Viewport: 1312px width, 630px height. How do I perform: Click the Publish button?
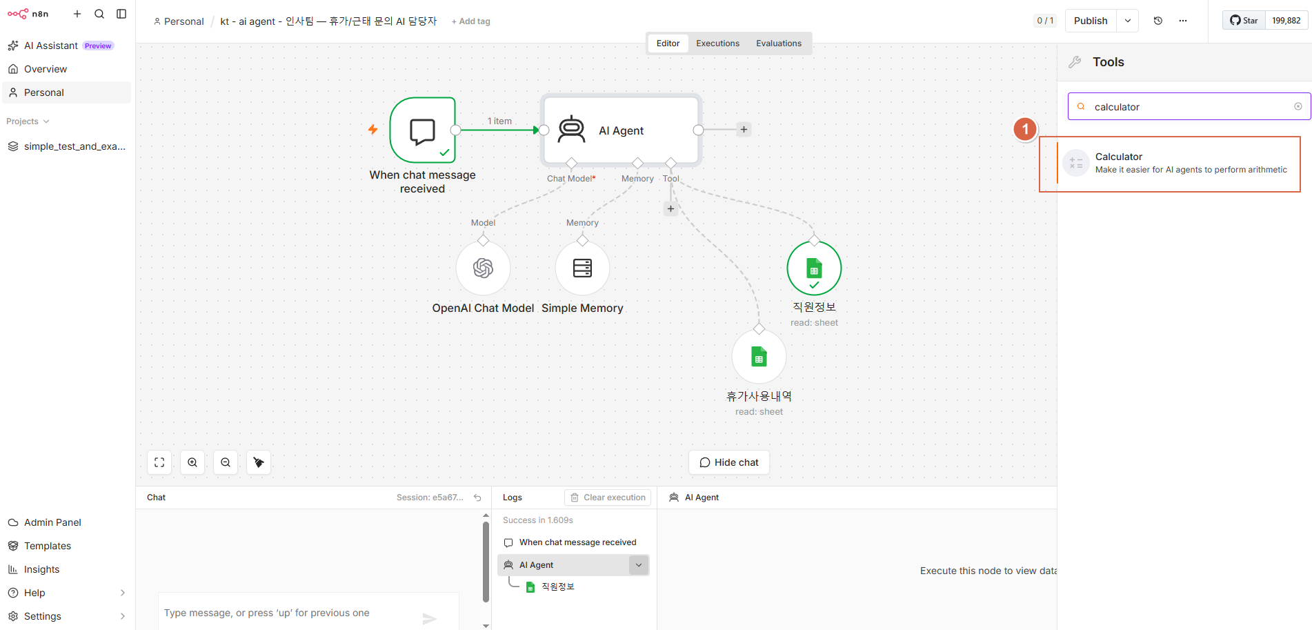pyautogui.click(x=1091, y=21)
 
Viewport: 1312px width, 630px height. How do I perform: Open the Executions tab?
pyautogui.click(x=717, y=43)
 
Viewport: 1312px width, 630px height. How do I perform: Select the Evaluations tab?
pyautogui.click(x=779, y=43)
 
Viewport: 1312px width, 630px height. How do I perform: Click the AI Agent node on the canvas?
pyautogui.click(x=621, y=130)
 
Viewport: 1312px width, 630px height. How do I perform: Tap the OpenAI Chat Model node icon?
pyautogui.click(x=483, y=268)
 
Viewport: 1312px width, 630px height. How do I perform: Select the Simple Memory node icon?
pyautogui.click(x=582, y=268)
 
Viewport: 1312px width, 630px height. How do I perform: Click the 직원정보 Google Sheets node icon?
pyautogui.click(x=814, y=268)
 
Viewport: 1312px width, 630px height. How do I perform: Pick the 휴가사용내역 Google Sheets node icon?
pyautogui.click(x=759, y=357)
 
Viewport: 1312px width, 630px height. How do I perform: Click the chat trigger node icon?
pyautogui.click(x=423, y=130)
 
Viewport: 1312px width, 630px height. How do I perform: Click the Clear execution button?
pyautogui.click(x=608, y=498)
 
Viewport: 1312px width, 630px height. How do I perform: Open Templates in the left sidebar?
pyautogui.click(x=48, y=546)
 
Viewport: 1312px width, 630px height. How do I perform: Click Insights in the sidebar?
pyautogui.click(x=41, y=569)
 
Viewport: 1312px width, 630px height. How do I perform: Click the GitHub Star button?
pyautogui.click(x=1244, y=21)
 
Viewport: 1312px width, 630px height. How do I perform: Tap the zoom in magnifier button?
pyautogui.click(x=192, y=462)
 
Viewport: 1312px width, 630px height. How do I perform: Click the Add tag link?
pyautogui.click(x=471, y=21)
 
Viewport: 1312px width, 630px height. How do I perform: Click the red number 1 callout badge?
pyautogui.click(x=1025, y=129)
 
